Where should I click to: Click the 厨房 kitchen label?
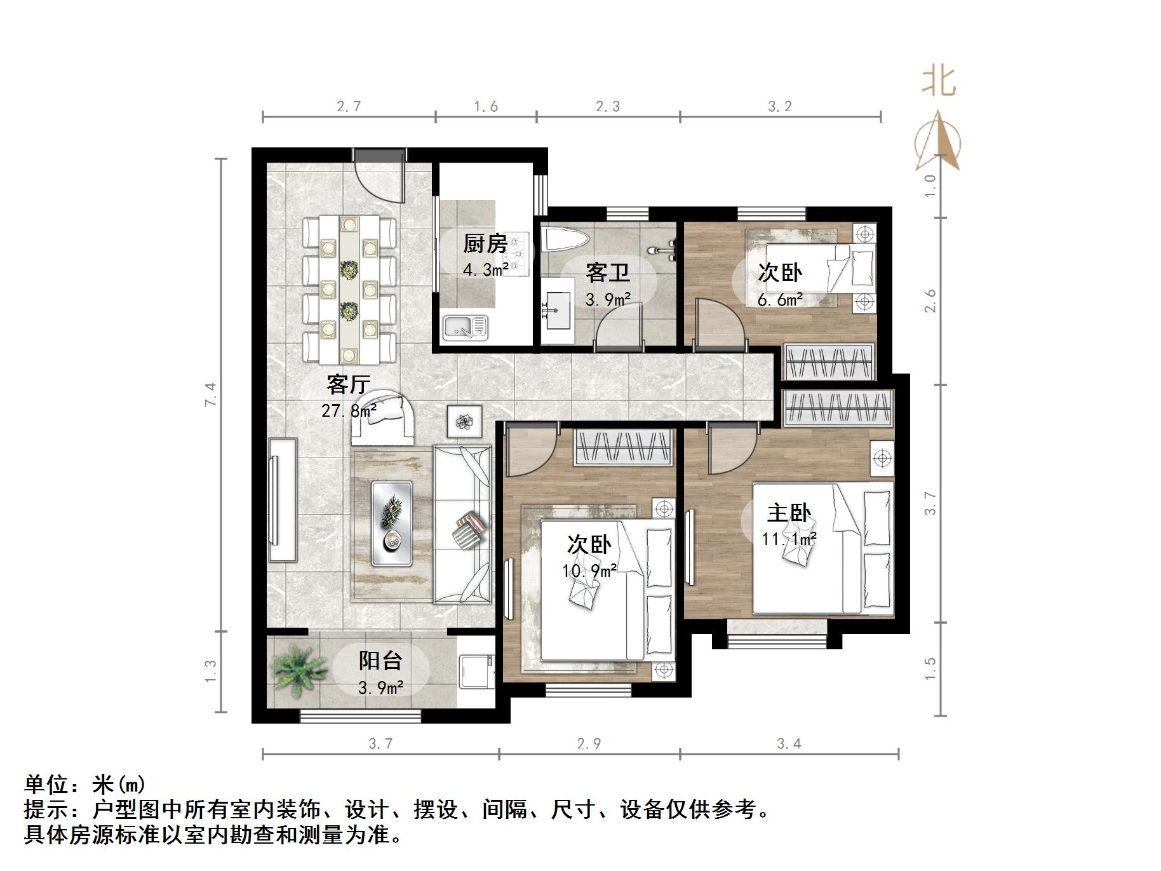pos(485,243)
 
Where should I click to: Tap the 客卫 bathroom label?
pos(607,273)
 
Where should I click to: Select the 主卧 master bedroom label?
pos(789,513)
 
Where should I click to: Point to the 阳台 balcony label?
pos(380,661)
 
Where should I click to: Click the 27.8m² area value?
pos(349,410)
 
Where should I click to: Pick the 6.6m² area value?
pos(780,299)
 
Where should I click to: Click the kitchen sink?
pos(465,327)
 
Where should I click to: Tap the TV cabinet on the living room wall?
pos(283,500)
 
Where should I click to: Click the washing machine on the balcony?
pos(476,671)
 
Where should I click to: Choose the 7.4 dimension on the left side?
pos(211,395)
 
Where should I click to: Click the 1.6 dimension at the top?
pos(486,107)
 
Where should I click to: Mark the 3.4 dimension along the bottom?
pos(789,743)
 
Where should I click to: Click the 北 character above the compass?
pos(939,81)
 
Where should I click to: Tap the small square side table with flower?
pos(464,421)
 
